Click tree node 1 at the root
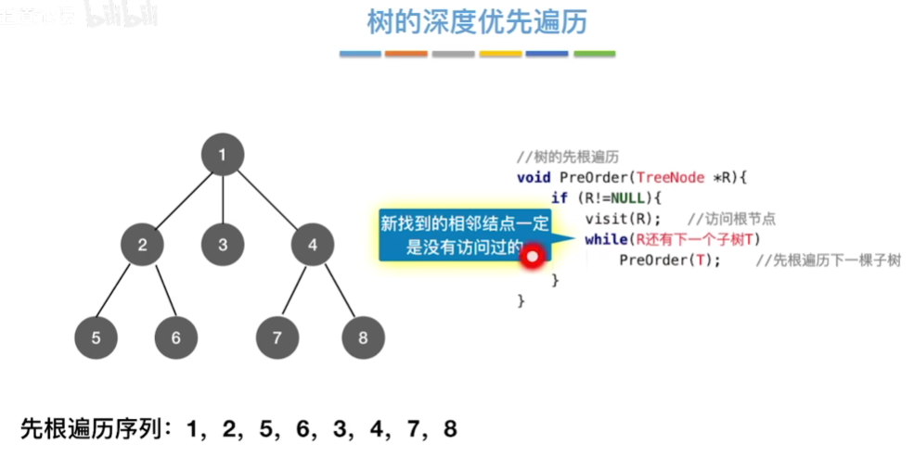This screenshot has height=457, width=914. click(223, 155)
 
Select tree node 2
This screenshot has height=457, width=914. click(143, 245)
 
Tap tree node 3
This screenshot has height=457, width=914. click(223, 245)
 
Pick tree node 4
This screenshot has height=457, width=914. click(313, 245)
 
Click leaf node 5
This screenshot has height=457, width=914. click(97, 337)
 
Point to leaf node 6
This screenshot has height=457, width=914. click(176, 337)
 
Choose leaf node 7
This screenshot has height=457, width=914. click(277, 337)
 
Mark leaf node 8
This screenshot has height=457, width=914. click(362, 337)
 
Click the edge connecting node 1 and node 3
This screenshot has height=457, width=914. click(223, 199)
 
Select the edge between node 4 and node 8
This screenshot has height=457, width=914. click(338, 291)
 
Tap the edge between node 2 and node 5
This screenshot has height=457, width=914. click(120, 291)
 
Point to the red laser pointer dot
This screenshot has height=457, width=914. click(532, 257)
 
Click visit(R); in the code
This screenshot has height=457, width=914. click(622, 219)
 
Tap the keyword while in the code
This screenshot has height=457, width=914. click(605, 239)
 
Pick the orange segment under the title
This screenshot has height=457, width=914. click(406, 54)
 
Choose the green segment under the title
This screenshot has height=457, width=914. click(594, 54)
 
